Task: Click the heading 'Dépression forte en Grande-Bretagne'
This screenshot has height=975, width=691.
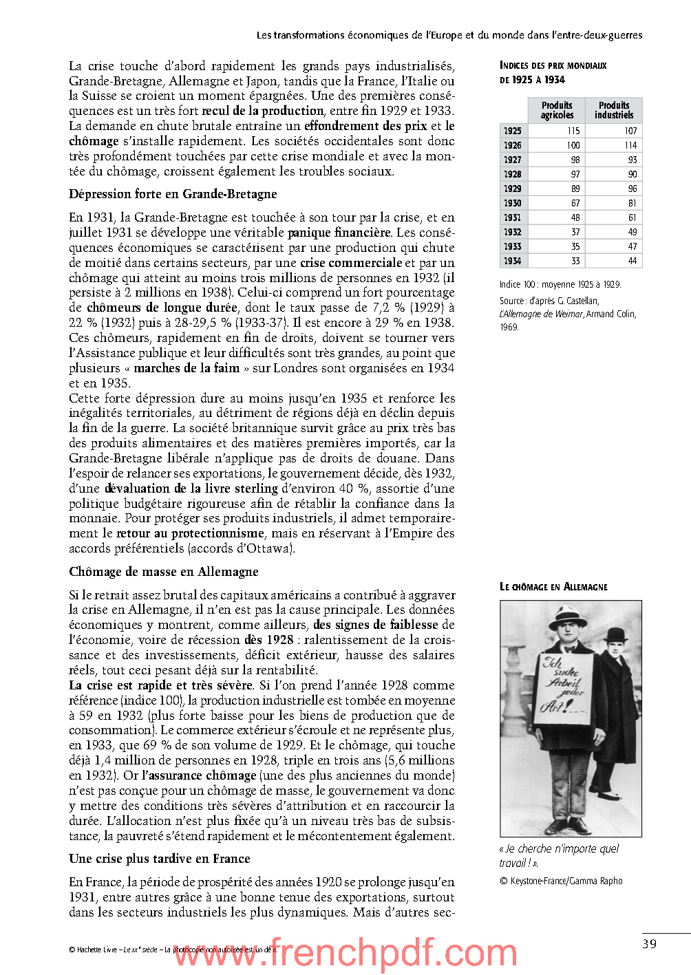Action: click(x=173, y=194)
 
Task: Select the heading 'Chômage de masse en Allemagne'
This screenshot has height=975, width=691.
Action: click(x=164, y=572)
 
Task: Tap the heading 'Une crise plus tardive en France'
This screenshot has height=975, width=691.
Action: click(x=159, y=859)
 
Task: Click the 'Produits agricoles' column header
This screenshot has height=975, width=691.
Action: click(x=557, y=110)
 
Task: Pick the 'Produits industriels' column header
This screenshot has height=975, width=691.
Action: click(x=614, y=110)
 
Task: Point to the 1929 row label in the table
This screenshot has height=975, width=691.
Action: click(x=513, y=189)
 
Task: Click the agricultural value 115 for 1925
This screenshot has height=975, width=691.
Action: click(x=573, y=131)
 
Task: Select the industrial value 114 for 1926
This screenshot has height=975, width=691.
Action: click(x=630, y=145)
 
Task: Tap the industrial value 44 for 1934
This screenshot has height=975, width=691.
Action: click(x=632, y=261)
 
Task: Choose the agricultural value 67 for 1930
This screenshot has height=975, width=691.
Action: click(x=575, y=203)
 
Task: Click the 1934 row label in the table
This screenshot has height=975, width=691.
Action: click(x=513, y=261)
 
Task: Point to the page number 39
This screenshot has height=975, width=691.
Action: click(x=649, y=944)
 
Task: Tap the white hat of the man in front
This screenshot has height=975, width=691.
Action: click(x=567, y=614)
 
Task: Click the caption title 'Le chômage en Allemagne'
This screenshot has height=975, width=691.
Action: click(x=553, y=587)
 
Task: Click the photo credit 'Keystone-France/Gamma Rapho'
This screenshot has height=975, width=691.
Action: click(x=561, y=881)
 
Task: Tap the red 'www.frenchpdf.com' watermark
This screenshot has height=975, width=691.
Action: click(x=344, y=954)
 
